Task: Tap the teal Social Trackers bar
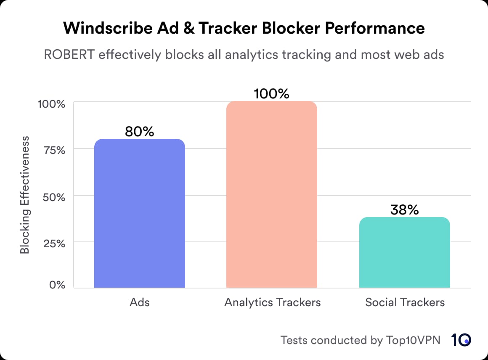404,252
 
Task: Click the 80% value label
140,132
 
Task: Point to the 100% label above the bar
272,94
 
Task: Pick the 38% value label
404,209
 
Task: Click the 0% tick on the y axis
57,285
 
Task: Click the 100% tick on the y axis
51,103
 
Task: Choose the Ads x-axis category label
140,302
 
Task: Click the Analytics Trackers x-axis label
272,302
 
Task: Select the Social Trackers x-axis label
405,302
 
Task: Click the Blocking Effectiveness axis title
25,194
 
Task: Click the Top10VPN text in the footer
413,340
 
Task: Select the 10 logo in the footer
461,340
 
